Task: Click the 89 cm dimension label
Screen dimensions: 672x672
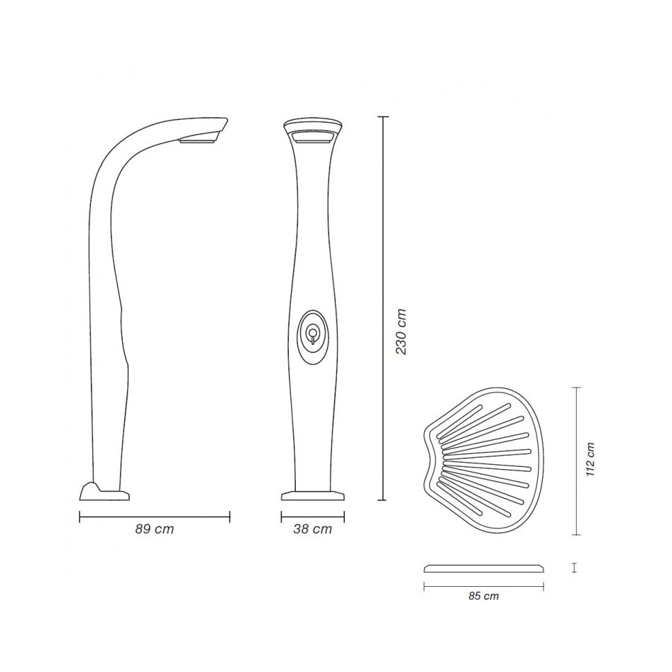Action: pos(155,529)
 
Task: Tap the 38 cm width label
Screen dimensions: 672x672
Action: pos(313,529)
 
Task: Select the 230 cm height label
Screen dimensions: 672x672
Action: pos(401,331)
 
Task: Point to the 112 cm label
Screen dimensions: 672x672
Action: pos(590,459)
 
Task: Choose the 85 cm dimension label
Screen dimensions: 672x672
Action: pos(484,595)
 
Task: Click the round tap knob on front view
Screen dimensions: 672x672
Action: pos(313,332)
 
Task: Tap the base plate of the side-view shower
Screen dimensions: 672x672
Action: pos(104,491)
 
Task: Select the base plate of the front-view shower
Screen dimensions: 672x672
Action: pos(313,496)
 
